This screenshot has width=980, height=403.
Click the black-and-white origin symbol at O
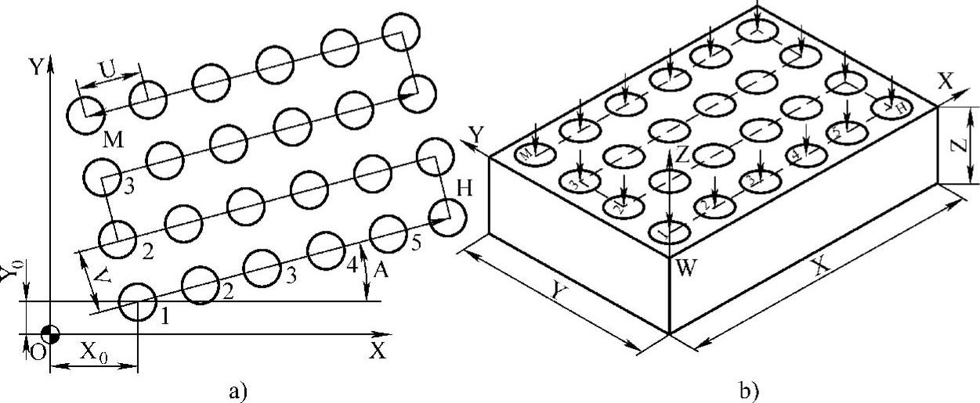(x=50, y=334)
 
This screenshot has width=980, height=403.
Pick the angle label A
(x=381, y=270)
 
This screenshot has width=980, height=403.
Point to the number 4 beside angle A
(x=353, y=264)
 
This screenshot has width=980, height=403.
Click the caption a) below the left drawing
(x=237, y=389)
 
